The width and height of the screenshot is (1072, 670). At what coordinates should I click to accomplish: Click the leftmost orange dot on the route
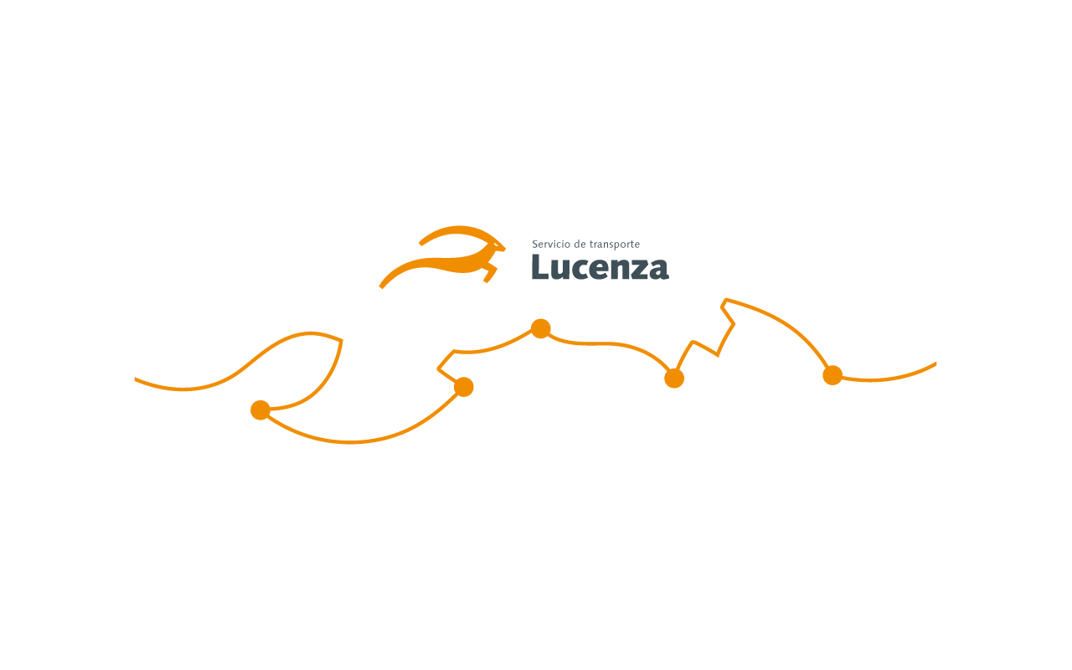coord(260,410)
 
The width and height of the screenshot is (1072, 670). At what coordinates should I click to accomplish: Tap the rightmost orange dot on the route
coord(832,375)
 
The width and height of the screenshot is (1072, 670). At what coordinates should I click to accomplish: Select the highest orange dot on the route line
coord(541,329)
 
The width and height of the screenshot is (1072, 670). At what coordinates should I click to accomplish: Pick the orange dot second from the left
coord(463,387)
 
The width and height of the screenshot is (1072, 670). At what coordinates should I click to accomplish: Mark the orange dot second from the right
coord(674,379)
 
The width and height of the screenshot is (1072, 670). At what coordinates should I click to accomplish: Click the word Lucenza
coord(600,267)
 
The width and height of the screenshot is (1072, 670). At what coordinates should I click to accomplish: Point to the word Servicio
coord(551,244)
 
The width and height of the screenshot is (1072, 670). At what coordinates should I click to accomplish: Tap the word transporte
coord(615,245)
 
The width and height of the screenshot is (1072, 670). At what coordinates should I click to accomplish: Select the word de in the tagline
coord(580,244)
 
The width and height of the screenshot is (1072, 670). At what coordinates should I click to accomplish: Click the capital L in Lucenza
coord(540,266)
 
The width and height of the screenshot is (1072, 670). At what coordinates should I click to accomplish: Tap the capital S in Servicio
coord(535,244)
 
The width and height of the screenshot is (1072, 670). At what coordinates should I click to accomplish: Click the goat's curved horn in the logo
coord(456,232)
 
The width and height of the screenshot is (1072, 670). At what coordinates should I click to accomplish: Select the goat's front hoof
coord(486,280)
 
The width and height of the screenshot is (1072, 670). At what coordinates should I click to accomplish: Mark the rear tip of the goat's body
coord(381,287)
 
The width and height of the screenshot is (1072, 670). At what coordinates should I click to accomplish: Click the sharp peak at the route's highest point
coord(725,300)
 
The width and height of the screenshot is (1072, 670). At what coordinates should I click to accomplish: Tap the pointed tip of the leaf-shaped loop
coord(342,340)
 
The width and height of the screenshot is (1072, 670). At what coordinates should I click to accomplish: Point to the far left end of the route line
coord(135,379)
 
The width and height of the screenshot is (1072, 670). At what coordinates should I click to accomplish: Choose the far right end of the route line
coord(935,364)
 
